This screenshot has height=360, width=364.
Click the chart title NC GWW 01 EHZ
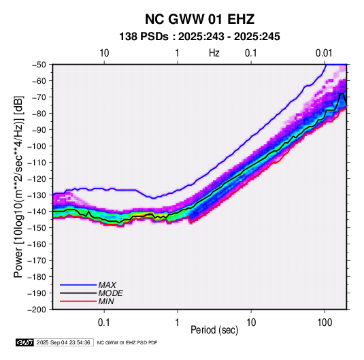click(x=199, y=19)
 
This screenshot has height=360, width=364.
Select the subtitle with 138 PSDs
click(x=199, y=37)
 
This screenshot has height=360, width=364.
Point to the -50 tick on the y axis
click(x=39, y=65)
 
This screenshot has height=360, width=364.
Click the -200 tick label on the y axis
click(x=37, y=310)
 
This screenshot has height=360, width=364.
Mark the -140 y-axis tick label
click(x=37, y=212)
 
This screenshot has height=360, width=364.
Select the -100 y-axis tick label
click(x=37, y=146)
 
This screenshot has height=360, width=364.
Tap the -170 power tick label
click(x=37, y=261)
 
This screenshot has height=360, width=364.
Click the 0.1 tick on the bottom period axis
click(x=104, y=323)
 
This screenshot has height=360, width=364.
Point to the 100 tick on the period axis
click(x=325, y=323)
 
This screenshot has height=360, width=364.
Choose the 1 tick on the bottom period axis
click(x=178, y=323)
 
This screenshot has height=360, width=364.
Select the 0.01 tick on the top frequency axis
click(x=324, y=53)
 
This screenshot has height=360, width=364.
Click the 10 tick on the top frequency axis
click(x=104, y=53)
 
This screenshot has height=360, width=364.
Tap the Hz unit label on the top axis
click(x=214, y=53)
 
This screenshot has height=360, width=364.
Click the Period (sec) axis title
click(x=214, y=330)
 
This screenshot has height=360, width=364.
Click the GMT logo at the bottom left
click(x=25, y=342)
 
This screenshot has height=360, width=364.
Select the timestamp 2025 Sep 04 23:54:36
click(x=63, y=342)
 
